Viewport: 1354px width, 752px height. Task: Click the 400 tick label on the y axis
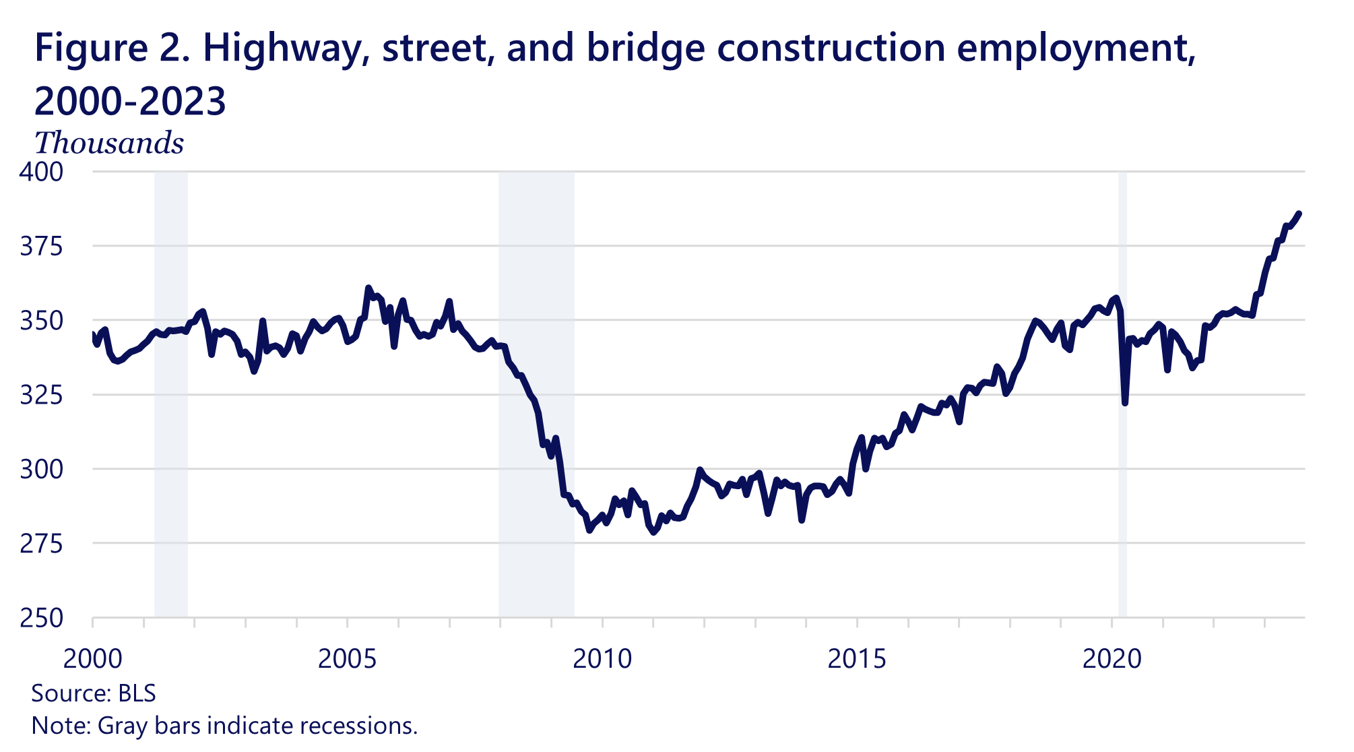pyautogui.click(x=41, y=172)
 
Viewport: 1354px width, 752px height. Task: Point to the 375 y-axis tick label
pyautogui.click(x=41, y=247)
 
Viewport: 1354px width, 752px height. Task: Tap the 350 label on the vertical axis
pyautogui.click(x=41, y=321)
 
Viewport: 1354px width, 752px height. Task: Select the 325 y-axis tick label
pyautogui.click(x=41, y=395)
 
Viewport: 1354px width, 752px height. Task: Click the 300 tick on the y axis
pyautogui.click(x=41, y=469)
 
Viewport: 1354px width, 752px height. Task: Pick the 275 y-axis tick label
pyautogui.click(x=41, y=543)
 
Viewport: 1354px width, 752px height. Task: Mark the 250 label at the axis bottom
pyautogui.click(x=41, y=618)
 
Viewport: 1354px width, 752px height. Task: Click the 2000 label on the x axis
pyautogui.click(x=93, y=658)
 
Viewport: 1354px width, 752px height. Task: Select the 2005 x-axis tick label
pyautogui.click(x=348, y=658)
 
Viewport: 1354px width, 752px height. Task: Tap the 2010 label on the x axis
pyautogui.click(x=602, y=658)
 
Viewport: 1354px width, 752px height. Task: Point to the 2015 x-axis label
pyautogui.click(x=857, y=658)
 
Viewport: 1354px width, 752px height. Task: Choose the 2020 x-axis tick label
pyautogui.click(x=1111, y=658)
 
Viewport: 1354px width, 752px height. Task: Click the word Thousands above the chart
pyautogui.click(x=109, y=144)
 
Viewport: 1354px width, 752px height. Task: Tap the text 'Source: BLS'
pyautogui.click(x=94, y=693)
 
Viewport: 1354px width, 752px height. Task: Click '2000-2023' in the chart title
pyautogui.click(x=130, y=102)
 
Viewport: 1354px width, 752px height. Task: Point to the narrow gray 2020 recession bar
pyautogui.click(x=1122, y=404)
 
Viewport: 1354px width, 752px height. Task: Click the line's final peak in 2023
pyautogui.click(x=1299, y=214)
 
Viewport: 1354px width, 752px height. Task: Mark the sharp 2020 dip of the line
pyautogui.click(x=1125, y=403)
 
